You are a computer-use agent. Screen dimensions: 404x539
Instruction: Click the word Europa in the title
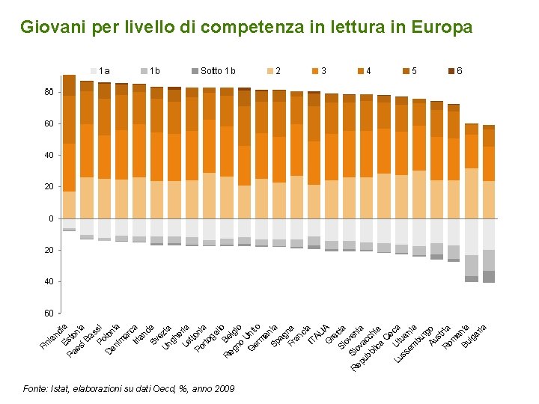point(443,28)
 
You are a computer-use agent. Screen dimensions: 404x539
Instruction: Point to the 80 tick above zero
point(49,92)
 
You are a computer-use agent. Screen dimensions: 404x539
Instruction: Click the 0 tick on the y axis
point(51,218)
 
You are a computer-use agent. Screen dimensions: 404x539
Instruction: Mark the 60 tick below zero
point(49,313)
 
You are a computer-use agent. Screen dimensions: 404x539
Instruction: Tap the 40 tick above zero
point(49,155)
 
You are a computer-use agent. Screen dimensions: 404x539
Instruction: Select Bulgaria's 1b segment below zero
point(489,260)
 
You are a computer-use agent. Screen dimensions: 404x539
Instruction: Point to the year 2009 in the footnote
point(224,389)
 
